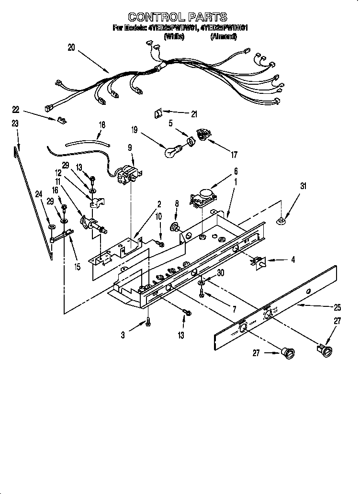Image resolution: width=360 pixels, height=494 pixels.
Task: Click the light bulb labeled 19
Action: (x=170, y=152)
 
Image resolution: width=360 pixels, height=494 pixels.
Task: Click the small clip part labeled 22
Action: (x=61, y=120)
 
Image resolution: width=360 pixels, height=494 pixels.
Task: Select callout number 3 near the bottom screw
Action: (x=123, y=336)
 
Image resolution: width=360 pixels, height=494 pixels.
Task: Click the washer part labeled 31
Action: (x=282, y=221)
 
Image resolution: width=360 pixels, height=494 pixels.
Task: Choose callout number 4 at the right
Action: (x=292, y=260)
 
